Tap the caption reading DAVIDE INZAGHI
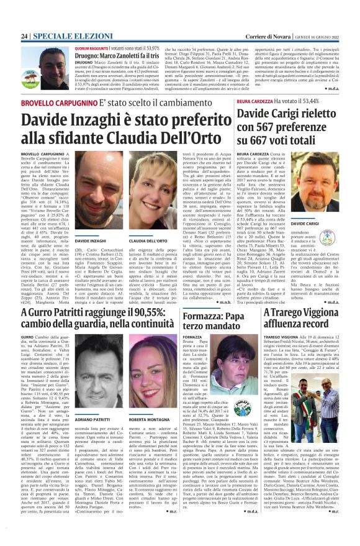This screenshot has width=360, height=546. tap(90, 239)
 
